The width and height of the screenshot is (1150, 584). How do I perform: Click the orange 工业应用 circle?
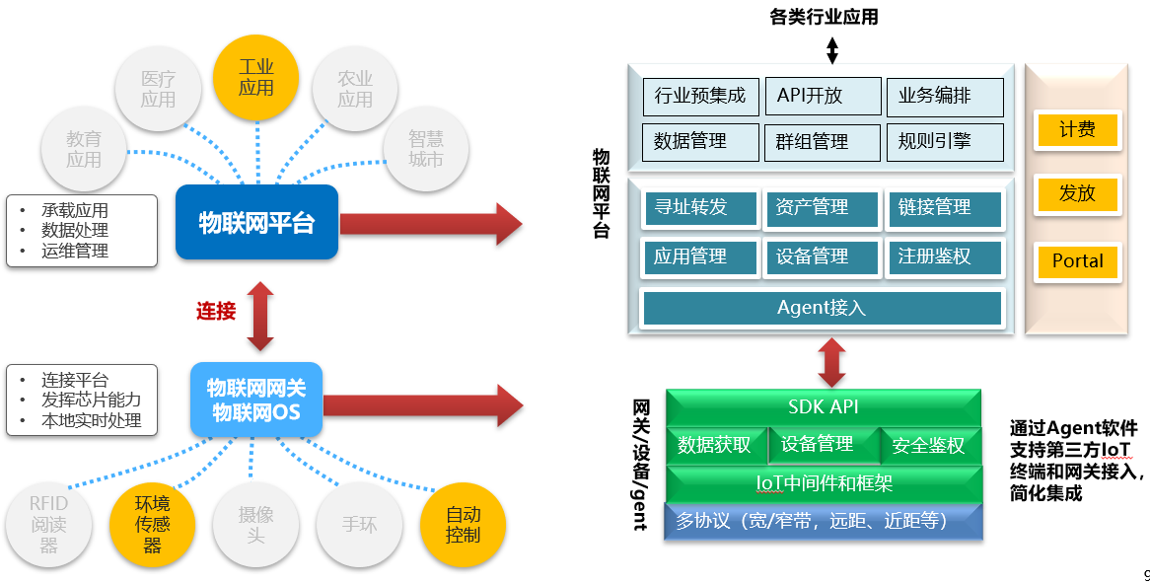click(255, 76)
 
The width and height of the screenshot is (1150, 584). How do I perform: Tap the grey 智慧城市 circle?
click(426, 149)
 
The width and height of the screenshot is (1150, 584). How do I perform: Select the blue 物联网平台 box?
click(256, 222)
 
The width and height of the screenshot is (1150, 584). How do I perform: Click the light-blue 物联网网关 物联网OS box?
click(256, 400)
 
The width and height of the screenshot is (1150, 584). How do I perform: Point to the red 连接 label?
click(216, 312)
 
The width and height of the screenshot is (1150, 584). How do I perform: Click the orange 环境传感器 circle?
click(153, 524)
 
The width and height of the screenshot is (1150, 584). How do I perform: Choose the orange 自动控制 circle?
click(463, 524)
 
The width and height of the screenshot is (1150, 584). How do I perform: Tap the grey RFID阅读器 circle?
click(49, 524)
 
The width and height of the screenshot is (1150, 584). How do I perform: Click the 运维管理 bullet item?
click(75, 251)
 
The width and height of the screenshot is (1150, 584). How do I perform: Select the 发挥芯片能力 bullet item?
click(91, 400)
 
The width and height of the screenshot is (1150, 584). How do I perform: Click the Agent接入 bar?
click(822, 308)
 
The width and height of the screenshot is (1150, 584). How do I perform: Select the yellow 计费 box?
click(1077, 129)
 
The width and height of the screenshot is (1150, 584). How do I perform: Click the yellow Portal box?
click(1077, 261)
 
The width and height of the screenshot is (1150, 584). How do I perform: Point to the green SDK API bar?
click(824, 406)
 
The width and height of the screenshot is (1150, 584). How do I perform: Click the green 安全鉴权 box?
click(929, 446)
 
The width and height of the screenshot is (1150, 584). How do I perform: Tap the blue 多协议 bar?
click(824, 521)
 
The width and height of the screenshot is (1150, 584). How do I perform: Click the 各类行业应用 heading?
click(824, 17)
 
